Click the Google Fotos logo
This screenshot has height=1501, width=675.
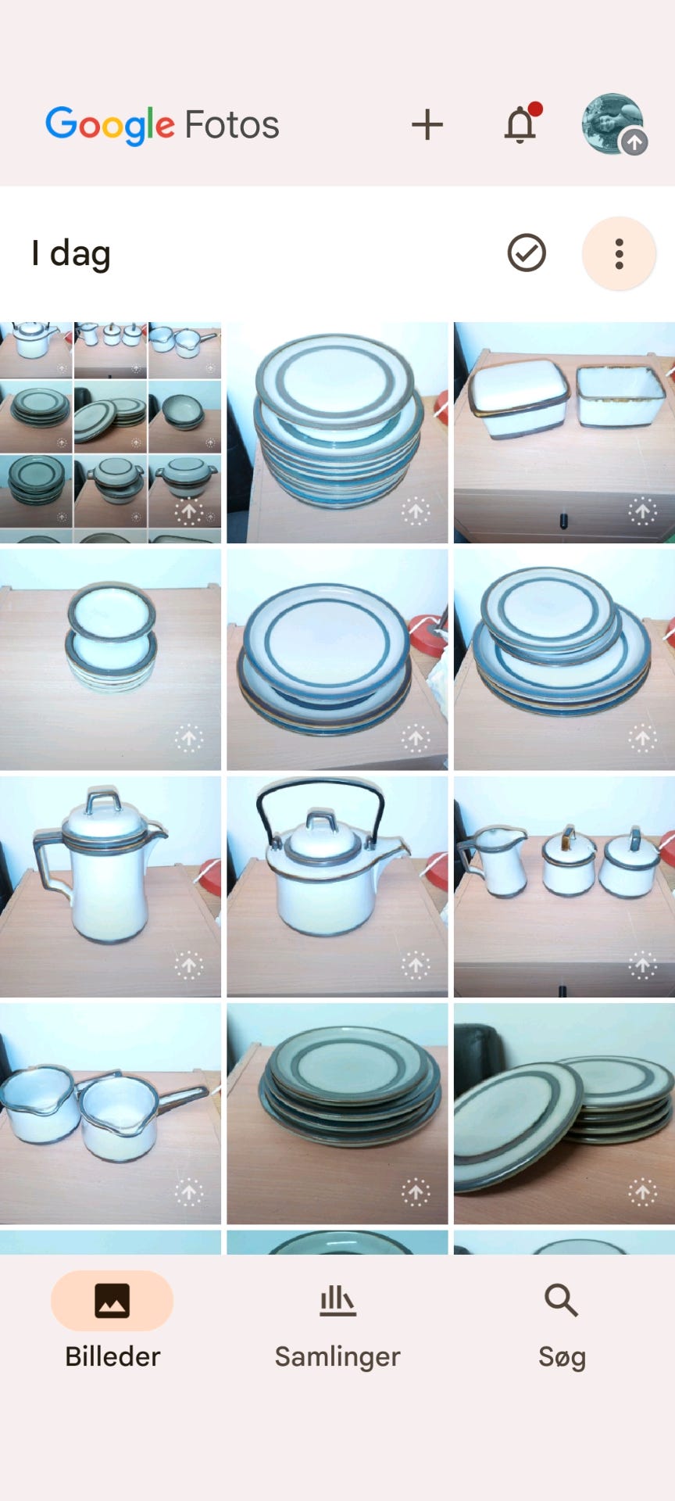pos(162,125)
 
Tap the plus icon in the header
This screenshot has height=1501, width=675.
pos(427,125)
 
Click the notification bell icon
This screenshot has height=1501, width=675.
pos(521,124)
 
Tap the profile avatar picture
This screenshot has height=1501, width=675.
pos(613,124)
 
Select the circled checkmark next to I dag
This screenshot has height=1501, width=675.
pos(527,253)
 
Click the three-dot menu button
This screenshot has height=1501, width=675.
pos(619,253)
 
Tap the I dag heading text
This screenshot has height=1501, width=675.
pos(71,254)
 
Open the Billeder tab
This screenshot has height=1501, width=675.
pos(112,1321)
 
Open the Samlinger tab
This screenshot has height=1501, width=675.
pos(337,1321)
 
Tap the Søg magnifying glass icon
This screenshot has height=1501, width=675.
pos(561,1301)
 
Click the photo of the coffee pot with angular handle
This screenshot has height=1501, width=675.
pos(110,887)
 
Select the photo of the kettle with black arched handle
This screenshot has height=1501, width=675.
pos(337,887)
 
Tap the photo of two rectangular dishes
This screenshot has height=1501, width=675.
pos(564,432)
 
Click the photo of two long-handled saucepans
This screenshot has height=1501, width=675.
pos(110,1113)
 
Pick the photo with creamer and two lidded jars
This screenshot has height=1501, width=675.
pos(564,887)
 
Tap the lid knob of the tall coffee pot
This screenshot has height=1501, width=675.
pos(102,801)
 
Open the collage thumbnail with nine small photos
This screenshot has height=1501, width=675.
pos(110,432)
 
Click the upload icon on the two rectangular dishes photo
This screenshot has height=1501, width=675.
pos(643,511)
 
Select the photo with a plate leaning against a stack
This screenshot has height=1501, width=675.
pos(564,1113)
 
